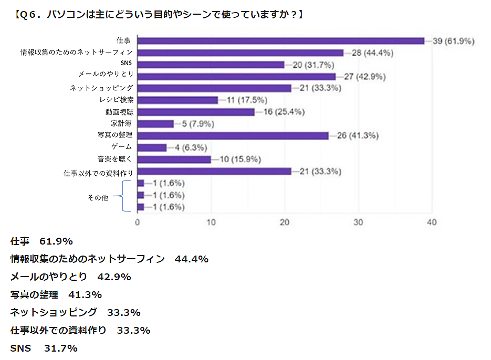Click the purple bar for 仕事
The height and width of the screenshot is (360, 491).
(280, 41)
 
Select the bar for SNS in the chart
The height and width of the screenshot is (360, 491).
(211, 65)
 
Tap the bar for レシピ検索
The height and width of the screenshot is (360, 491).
(177, 100)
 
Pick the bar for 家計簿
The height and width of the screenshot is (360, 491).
(155, 124)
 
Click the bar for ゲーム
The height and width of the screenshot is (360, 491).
(152, 147)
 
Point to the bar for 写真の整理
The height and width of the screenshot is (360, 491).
(233, 135)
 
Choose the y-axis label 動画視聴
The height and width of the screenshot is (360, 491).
(119, 112)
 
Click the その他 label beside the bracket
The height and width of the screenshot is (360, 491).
(97, 198)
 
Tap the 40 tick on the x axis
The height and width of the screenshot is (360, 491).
(432, 223)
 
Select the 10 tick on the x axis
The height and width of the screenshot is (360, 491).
(211, 223)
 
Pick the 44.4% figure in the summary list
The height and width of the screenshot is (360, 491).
(192, 259)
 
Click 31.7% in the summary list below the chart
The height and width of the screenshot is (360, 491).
(60, 348)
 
